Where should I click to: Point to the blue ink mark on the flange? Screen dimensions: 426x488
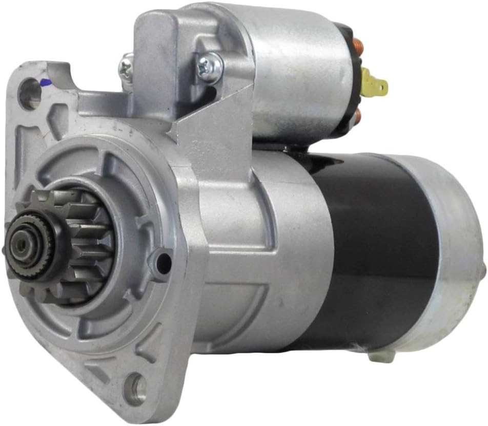[45, 81]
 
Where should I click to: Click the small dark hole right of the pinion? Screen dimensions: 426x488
[164, 262]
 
